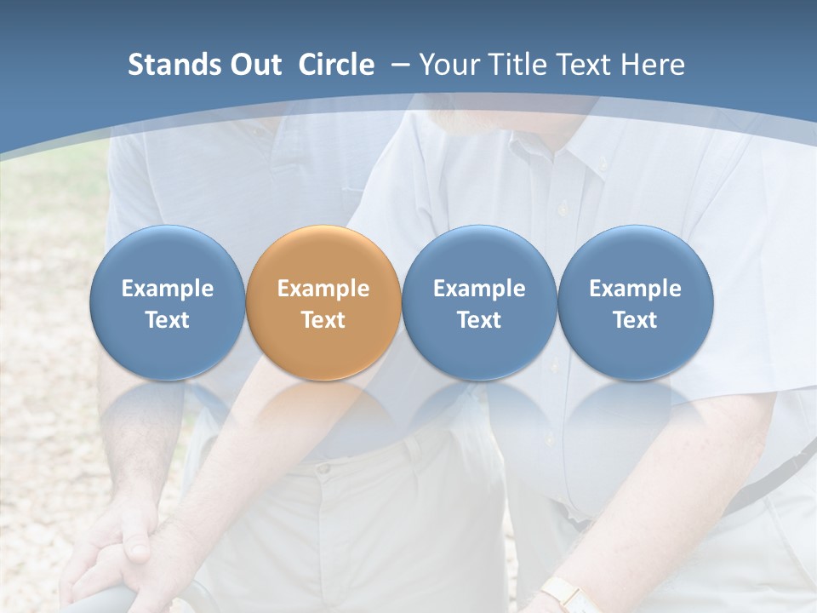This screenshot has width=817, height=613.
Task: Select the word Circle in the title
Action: coord(336,65)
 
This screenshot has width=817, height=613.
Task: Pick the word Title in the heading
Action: coord(520,65)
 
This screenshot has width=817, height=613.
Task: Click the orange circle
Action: coord(323,302)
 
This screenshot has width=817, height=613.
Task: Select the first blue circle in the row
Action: coord(168,302)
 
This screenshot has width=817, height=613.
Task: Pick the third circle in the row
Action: coord(479,302)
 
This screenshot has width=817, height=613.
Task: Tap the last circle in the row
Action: coord(635,302)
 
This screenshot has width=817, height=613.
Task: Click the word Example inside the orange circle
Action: coord(323,289)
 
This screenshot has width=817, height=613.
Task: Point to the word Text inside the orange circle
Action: coord(323,320)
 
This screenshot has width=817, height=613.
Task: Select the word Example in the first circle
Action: coord(168,289)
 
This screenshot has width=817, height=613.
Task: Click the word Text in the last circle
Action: coord(635,320)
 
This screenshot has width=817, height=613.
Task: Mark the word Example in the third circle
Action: coord(479,289)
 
